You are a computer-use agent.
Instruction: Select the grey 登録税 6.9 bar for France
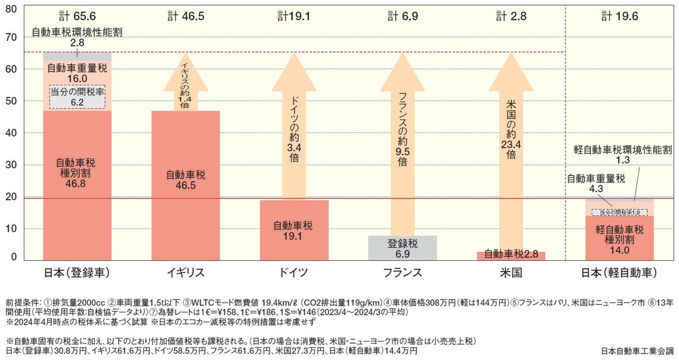click(x=403, y=248)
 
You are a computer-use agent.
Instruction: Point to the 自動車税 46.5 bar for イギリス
click(x=186, y=180)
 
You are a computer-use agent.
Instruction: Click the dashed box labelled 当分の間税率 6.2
click(x=77, y=97)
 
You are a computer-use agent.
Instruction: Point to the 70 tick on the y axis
click(x=13, y=38)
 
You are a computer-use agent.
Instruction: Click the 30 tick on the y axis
click(x=13, y=165)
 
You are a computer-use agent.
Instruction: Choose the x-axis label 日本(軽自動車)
click(x=619, y=273)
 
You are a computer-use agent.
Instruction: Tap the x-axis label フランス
click(x=403, y=273)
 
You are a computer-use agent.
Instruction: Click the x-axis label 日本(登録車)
click(x=77, y=273)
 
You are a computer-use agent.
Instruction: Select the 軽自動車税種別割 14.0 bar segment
click(x=619, y=239)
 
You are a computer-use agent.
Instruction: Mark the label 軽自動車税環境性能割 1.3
click(x=623, y=155)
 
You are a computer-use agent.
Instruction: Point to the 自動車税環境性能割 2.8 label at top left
click(x=77, y=37)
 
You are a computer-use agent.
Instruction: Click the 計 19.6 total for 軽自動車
click(x=620, y=16)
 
